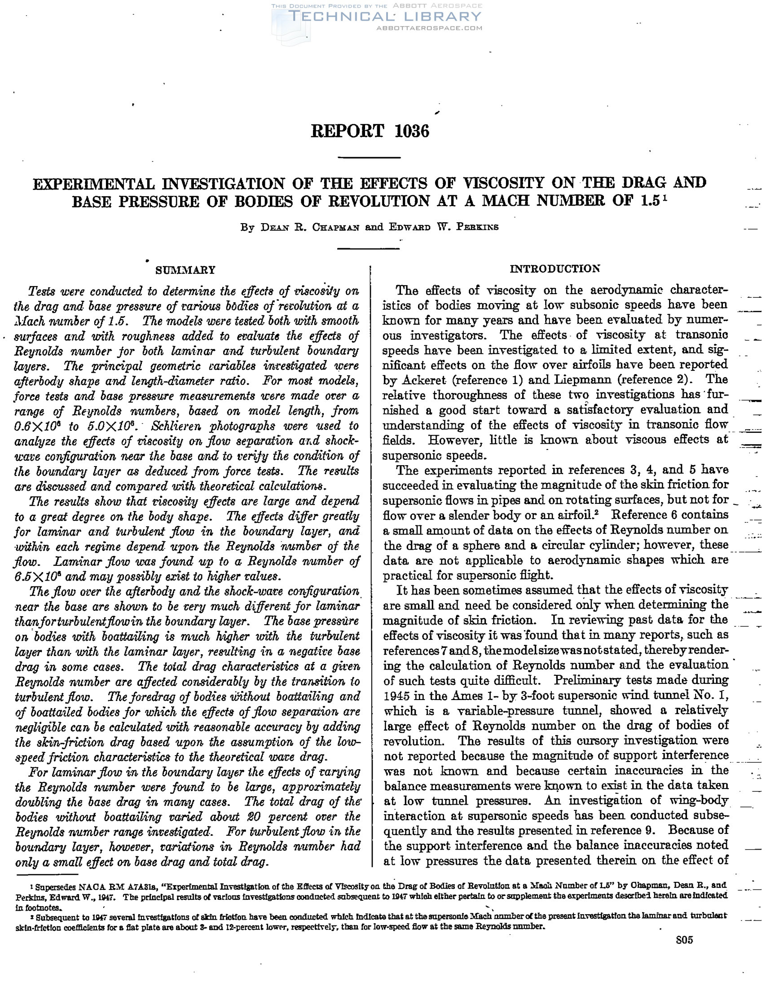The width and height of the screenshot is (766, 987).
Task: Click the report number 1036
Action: click(411, 131)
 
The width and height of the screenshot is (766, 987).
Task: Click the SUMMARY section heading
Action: click(185, 270)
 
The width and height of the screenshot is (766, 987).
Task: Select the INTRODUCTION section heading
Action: click(555, 269)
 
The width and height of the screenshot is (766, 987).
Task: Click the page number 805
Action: click(684, 940)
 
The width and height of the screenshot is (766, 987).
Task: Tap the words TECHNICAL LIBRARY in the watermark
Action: click(385, 17)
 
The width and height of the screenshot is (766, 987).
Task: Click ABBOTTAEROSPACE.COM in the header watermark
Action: click(429, 28)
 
